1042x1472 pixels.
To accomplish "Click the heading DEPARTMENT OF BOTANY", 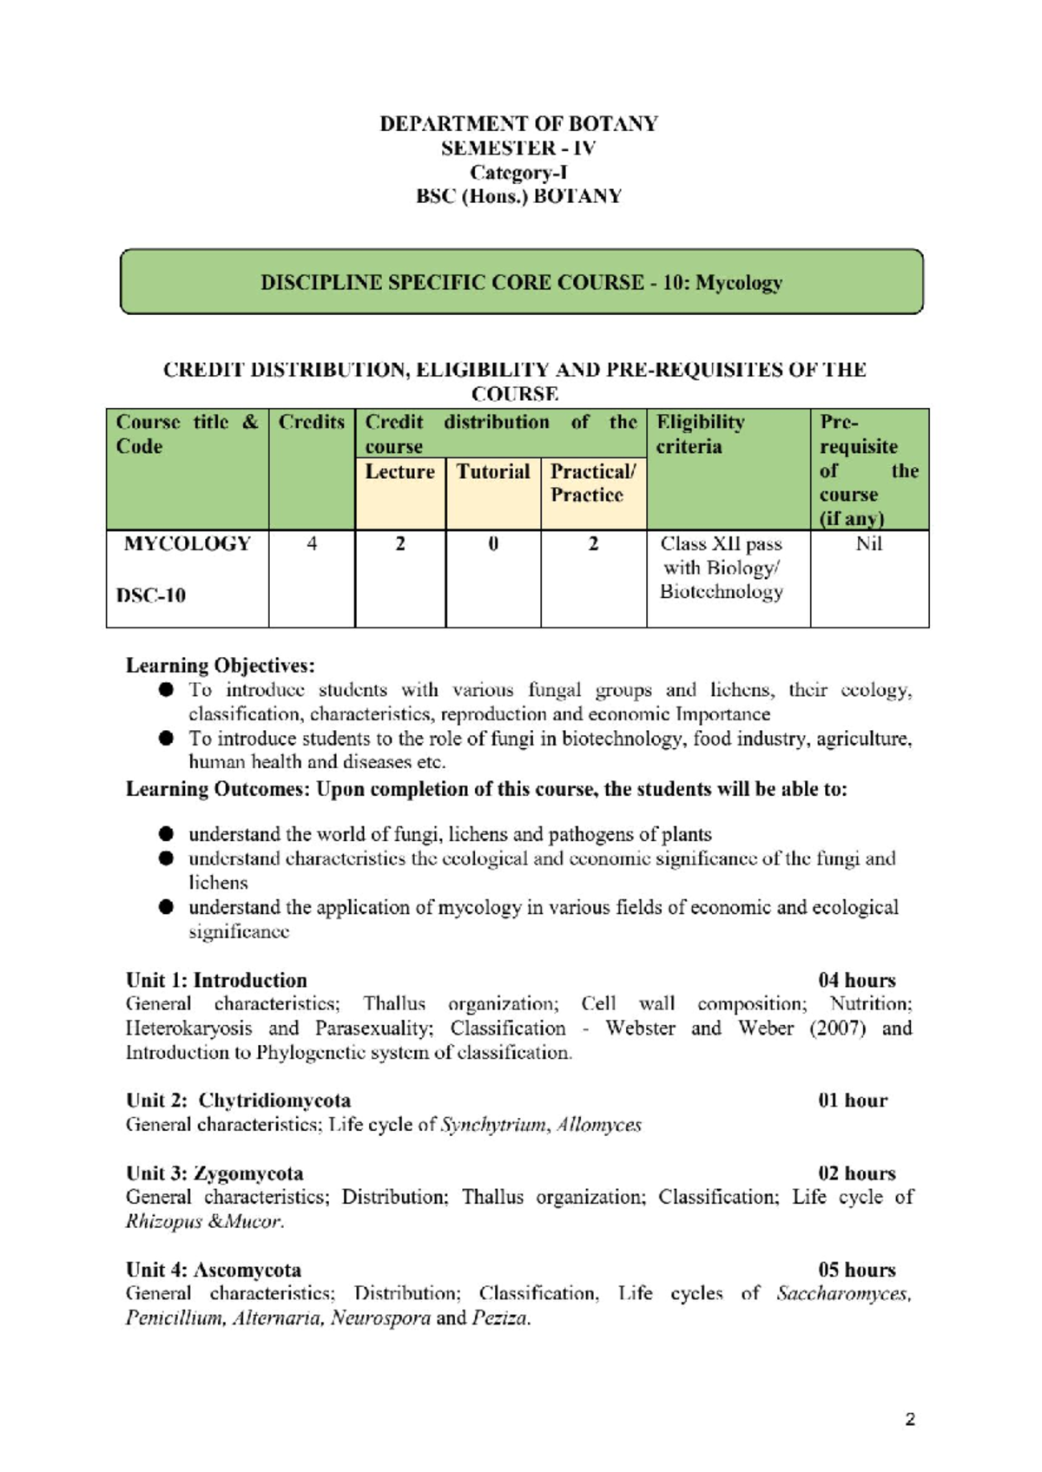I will tap(518, 123).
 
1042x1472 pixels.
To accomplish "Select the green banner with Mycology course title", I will tap(521, 282).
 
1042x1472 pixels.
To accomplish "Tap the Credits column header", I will tap(311, 423).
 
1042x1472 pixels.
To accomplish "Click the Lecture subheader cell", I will tap(399, 471).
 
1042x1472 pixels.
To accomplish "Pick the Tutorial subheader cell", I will tap(492, 471).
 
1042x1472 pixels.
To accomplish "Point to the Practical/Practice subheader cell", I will tap(592, 483).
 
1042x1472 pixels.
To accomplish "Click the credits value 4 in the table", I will tap(311, 544).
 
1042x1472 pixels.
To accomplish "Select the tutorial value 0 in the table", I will tap(492, 544).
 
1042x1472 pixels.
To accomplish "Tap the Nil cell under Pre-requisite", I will tap(868, 544).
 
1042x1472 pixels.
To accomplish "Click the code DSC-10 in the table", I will tap(151, 595).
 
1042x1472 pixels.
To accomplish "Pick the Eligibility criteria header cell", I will tap(700, 434).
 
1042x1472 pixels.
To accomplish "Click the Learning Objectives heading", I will tap(220, 666).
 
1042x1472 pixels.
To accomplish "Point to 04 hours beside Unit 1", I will tap(856, 980).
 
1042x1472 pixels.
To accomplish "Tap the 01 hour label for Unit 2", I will tap(852, 1101).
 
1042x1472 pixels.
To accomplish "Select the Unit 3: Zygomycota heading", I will tap(214, 1173).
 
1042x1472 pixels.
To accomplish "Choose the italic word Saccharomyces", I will tap(843, 1294).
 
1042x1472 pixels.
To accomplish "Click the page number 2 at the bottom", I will tap(909, 1420).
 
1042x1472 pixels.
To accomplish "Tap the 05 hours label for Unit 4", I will tap(856, 1270).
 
